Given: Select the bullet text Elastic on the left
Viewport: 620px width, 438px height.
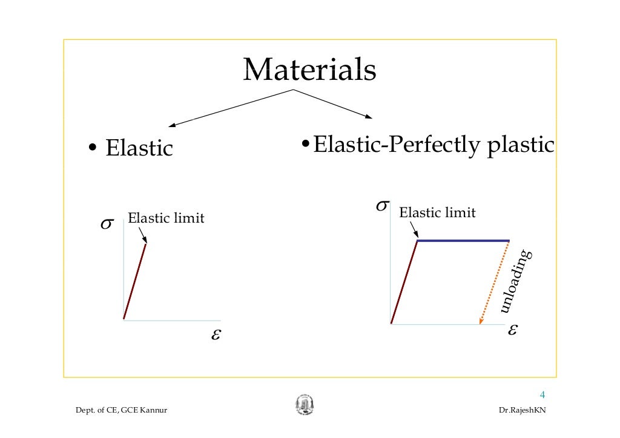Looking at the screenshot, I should [x=139, y=148].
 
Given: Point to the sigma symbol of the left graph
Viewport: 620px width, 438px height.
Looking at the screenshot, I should [x=105, y=225].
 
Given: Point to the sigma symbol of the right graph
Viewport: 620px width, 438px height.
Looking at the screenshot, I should [x=382, y=206].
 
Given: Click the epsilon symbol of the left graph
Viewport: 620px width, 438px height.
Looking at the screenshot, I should [x=215, y=335].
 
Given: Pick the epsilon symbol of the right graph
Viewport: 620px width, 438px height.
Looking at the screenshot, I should [x=513, y=330].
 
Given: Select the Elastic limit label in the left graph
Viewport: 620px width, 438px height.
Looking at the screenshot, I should [x=166, y=218].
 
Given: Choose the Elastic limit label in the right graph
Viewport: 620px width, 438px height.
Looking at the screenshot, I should [x=437, y=213].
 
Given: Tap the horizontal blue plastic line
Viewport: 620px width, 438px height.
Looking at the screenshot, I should [x=463, y=241].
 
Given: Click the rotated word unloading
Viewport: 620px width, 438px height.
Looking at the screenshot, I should [x=516, y=282].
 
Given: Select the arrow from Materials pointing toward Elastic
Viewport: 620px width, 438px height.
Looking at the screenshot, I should [x=230, y=108].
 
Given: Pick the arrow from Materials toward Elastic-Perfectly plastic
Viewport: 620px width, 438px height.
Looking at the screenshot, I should [x=333, y=104].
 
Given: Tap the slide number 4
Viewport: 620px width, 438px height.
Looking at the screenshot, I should [x=542, y=396].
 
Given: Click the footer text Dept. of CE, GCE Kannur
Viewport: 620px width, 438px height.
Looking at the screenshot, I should [x=120, y=411].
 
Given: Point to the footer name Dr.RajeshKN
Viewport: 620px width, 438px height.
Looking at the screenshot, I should [x=521, y=411].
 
